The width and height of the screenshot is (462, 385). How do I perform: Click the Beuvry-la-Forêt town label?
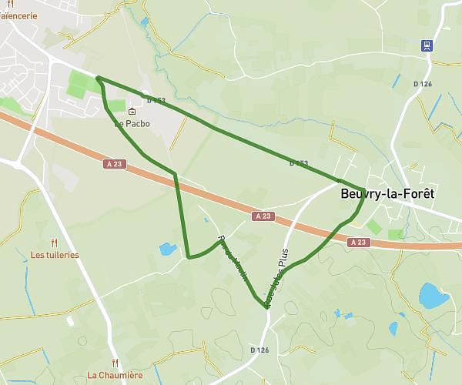click(x=387, y=194)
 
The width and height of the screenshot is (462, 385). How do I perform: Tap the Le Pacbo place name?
click(x=132, y=123)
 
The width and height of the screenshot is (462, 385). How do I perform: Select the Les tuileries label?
click(x=55, y=255)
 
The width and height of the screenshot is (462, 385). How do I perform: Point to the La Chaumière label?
click(x=115, y=376)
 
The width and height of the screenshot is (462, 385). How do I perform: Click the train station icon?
click(x=426, y=45)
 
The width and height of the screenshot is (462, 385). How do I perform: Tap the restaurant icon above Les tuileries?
click(x=53, y=242)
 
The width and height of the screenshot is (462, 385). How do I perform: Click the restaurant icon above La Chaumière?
click(x=115, y=363)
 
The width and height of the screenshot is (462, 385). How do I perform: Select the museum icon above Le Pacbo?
click(x=132, y=112)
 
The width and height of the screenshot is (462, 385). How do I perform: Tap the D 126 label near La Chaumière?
click(x=259, y=350)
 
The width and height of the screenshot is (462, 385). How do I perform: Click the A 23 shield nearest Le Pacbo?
click(x=114, y=164)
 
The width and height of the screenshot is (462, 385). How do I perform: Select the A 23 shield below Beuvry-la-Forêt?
click(x=357, y=242)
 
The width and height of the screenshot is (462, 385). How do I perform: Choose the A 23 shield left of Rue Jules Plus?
click(x=263, y=216)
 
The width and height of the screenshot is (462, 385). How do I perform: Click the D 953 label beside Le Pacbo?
click(x=156, y=100)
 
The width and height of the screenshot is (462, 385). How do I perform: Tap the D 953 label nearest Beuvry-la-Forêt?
click(x=299, y=163)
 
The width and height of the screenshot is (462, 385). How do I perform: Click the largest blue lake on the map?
click(x=433, y=294)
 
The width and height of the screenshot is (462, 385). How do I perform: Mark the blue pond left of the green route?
click(x=166, y=249)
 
